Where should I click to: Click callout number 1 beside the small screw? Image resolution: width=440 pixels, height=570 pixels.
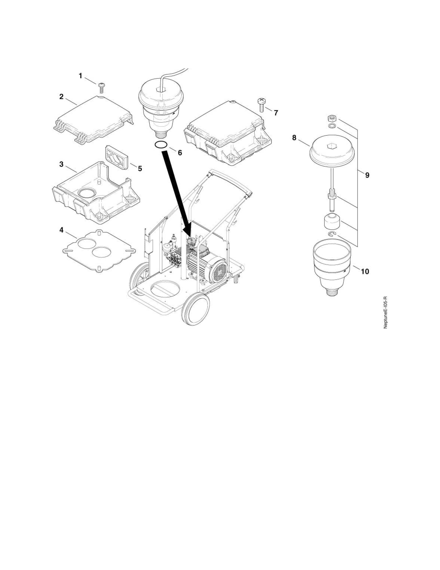click(x=81, y=76)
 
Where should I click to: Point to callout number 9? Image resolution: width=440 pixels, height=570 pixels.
click(x=367, y=175)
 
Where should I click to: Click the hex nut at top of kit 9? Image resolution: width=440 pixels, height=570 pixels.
click(x=332, y=119)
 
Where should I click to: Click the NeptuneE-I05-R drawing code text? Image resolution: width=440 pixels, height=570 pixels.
click(x=385, y=312)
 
